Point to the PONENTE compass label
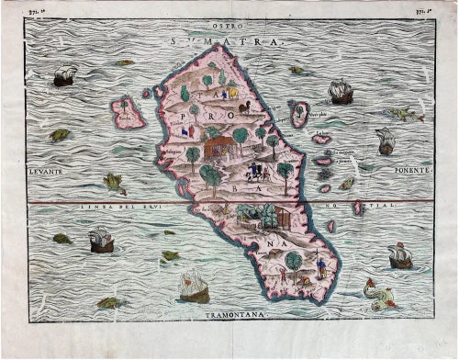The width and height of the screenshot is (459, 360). [409, 170]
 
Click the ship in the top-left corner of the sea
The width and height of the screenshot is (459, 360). [64, 76]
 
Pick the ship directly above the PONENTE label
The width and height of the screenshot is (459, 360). [386, 141]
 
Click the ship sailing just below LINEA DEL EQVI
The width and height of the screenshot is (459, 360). [101, 241]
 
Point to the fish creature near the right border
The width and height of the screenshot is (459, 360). [403, 114]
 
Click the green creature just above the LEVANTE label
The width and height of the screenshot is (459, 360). [60, 135]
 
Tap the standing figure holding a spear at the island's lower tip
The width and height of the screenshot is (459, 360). [320, 267]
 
